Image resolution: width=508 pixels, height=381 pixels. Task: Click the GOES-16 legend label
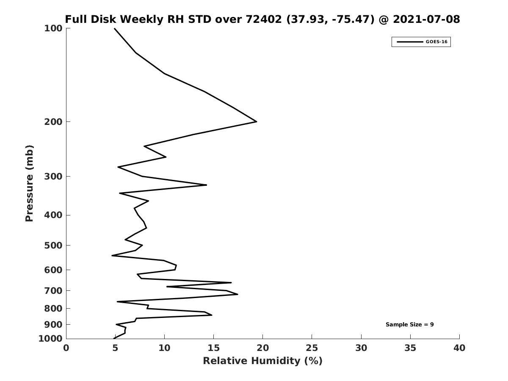436,42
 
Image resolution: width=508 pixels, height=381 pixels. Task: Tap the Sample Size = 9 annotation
410,325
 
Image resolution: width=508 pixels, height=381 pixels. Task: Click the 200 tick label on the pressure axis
53,121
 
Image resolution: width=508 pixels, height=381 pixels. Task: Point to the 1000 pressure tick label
50,339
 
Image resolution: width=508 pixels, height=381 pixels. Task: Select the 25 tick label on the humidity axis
312,348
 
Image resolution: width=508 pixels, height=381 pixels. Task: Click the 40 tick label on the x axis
459,348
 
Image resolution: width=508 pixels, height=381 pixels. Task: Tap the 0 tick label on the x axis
66,348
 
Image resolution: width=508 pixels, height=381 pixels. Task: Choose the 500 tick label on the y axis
53,245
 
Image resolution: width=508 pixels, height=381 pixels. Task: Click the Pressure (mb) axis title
29,183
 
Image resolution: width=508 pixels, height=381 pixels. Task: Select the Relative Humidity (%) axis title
263,361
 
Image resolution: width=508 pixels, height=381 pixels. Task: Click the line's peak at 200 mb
257,121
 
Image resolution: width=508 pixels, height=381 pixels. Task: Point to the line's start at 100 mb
114,28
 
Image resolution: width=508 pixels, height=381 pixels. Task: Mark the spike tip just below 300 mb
207,185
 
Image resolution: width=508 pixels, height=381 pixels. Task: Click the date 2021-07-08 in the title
426,19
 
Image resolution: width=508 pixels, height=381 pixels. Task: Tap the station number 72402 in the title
264,19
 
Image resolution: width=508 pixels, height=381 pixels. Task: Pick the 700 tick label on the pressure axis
53,290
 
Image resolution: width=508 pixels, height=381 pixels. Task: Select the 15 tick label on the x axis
213,348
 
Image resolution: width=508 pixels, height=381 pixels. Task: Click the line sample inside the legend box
410,42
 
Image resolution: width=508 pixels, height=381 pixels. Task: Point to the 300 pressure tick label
53,177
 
